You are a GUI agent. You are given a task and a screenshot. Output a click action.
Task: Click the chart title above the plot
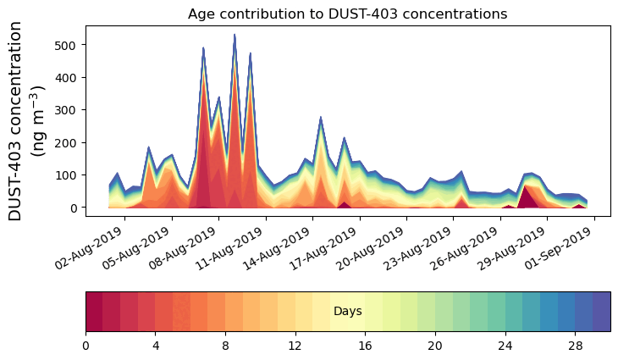click(347, 14)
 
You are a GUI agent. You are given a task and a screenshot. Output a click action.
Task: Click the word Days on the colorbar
click(348, 312)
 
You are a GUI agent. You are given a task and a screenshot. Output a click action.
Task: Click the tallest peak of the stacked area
click(235, 36)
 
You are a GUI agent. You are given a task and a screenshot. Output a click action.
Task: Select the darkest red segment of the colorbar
click(94, 312)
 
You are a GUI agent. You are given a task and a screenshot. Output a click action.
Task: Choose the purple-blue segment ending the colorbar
click(602, 312)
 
